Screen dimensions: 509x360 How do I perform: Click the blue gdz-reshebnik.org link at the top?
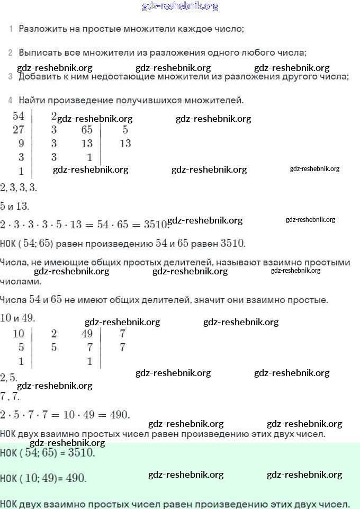point(180,6)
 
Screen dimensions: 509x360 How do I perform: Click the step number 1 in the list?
point(11,29)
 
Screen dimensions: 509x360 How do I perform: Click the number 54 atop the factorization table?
point(19,116)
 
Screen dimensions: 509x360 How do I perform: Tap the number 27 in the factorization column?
point(19,130)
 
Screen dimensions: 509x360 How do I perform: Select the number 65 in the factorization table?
point(87,130)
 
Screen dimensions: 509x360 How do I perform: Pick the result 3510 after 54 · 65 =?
point(157,224)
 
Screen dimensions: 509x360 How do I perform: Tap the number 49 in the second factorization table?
point(87,334)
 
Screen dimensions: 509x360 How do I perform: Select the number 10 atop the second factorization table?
point(19,334)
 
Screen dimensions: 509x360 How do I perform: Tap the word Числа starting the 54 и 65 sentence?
point(13,300)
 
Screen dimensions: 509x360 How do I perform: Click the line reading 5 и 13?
point(15,206)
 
